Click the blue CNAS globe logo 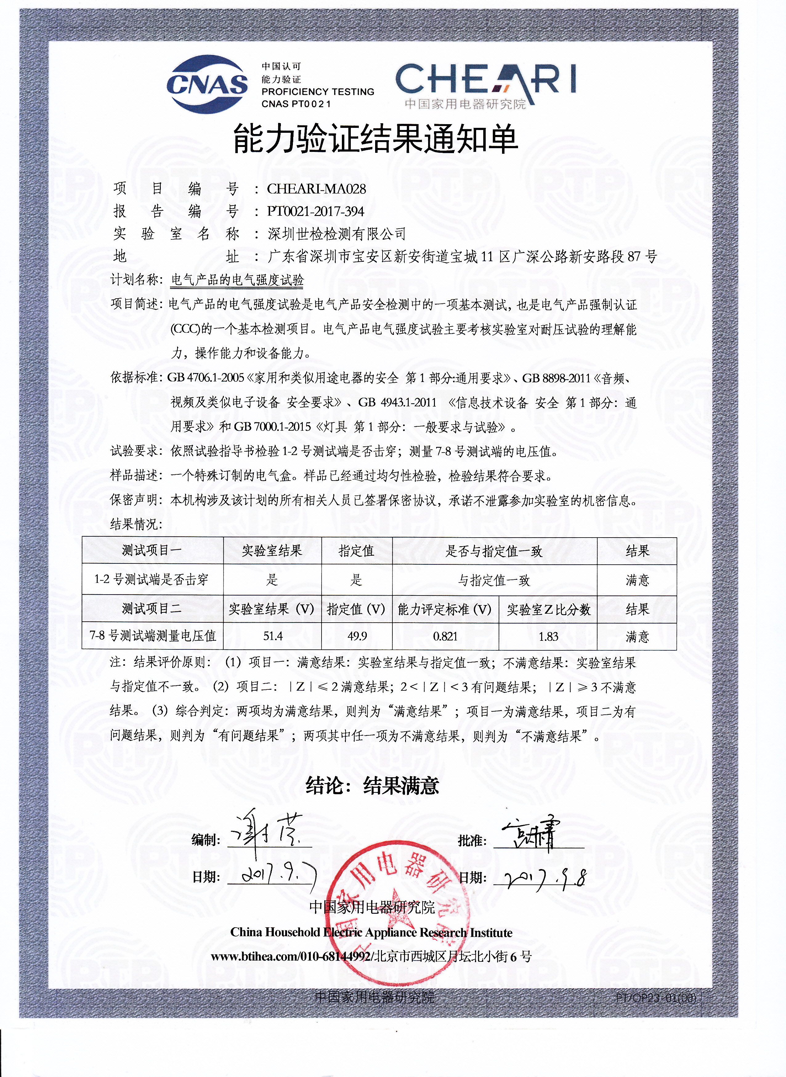click(x=207, y=84)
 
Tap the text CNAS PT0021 click(x=296, y=104)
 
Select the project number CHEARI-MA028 click(x=316, y=189)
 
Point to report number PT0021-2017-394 click(x=315, y=211)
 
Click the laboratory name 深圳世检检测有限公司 click(x=337, y=234)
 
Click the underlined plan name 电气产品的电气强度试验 click(x=237, y=280)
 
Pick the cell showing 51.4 click(x=273, y=636)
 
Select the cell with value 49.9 click(x=357, y=636)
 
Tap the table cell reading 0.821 click(x=445, y=636)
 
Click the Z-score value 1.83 click(x=548, y=636)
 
